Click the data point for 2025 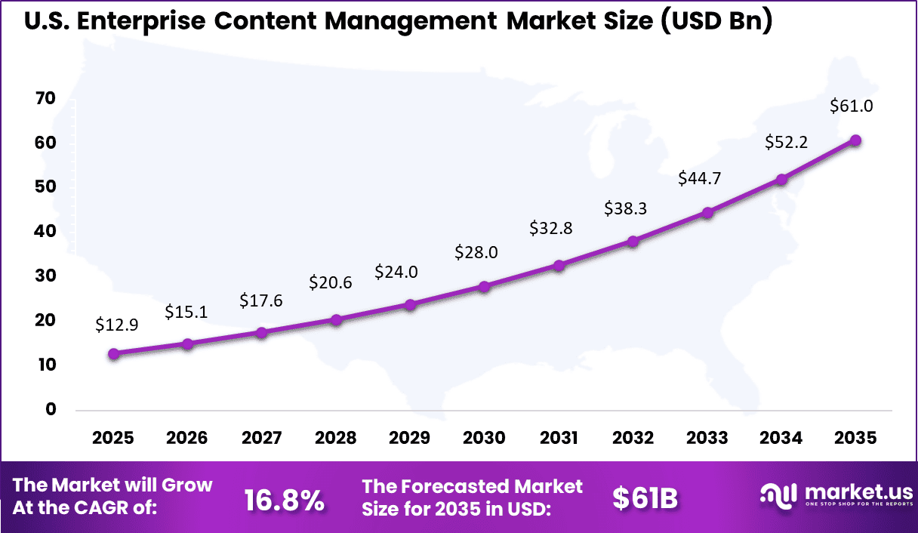click(x=113, y=353)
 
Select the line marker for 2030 click(x=485, y=287)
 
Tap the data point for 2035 click(x=855, y=140)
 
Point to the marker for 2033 click(x=707, y=213)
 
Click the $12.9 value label click(x=117, y=325)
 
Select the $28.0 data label click(x=476, y=252)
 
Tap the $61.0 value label click(x=852, y=106)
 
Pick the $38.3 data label click(x=626, y=209)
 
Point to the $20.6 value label click(x=331, y=283)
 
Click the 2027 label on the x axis click(x=262, y=439)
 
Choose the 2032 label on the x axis click(x=633, y=439)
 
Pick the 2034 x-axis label click(x=781, y=439)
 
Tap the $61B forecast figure click(x=645, y=498)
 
